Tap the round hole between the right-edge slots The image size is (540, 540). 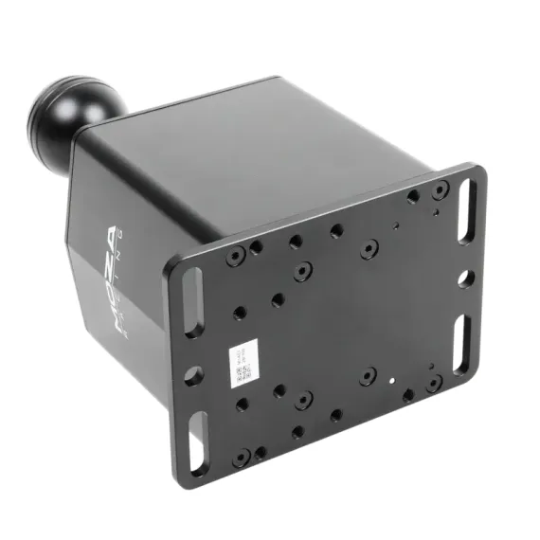pos(465,279)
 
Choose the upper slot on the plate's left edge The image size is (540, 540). pos(189,302)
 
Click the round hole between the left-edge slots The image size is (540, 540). pos(193,375)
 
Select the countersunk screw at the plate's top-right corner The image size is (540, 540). pos(438,192)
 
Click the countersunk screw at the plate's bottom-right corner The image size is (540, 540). pos(434,383)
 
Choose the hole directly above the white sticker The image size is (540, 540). pos(239,312)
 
